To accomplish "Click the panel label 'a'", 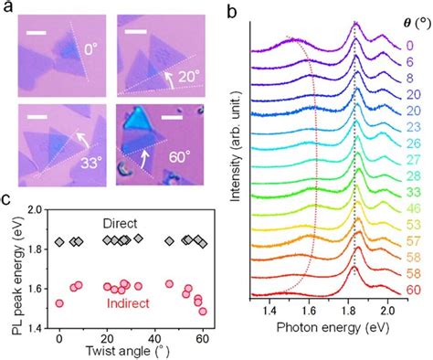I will coord(7,8).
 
